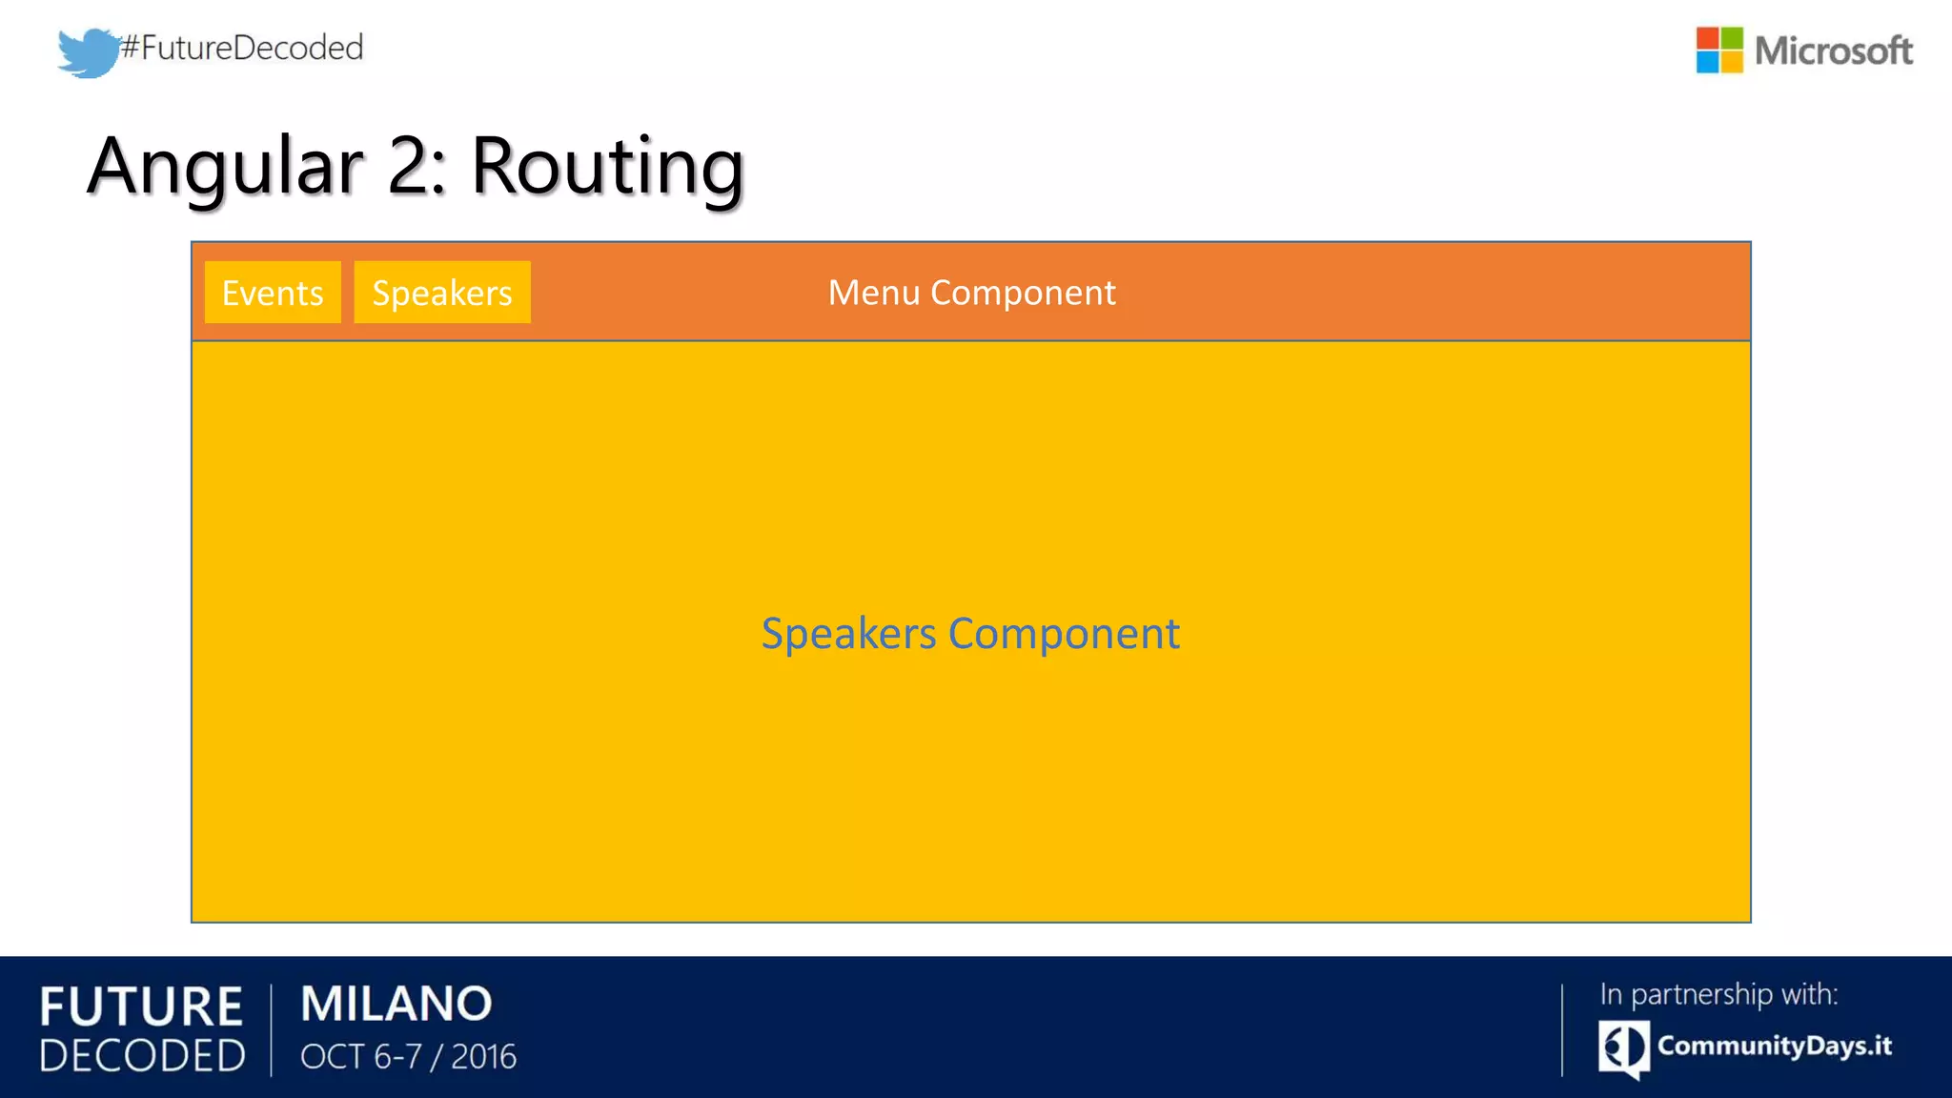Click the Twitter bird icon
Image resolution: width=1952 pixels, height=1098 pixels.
[88, 52]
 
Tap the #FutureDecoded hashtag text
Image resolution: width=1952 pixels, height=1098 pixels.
[242, 48]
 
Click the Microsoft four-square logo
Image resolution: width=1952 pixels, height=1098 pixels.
[1718, 51]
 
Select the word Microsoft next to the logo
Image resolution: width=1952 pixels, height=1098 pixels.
[1833, 51]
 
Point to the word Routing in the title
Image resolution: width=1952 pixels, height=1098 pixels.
[607, 167]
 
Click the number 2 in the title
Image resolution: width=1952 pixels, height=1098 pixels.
[410, 167]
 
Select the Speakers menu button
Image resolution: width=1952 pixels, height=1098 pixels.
[442, 293]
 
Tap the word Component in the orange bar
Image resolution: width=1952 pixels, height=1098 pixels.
[1023, 293]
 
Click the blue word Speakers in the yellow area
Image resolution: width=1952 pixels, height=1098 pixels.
[848, 634]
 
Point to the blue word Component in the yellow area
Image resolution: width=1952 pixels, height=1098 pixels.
[1064, 634]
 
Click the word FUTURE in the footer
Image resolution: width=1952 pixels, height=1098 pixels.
[141, 1007]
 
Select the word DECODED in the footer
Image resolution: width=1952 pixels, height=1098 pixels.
[143, 1056]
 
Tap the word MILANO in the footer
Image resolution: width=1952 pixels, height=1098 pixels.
[396, 1004]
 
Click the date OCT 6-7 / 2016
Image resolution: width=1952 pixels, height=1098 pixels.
[408, 1057]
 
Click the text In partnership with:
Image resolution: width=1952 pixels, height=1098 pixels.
[1718, 994]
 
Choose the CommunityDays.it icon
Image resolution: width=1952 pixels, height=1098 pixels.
[1623, 1047]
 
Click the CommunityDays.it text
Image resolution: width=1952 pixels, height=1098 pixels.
[1774, 1046]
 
